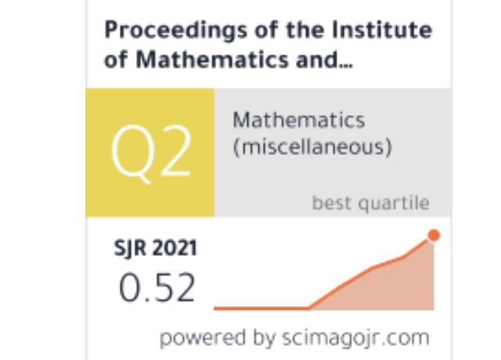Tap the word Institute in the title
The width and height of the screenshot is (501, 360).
[x=382, y=30]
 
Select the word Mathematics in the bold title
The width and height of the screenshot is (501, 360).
[x=212, y=59]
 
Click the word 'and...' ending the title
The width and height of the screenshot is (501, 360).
[x=324, y=59]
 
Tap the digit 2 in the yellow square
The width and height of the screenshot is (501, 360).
[x=176, y=151]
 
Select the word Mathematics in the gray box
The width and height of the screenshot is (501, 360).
[x=299, y=120]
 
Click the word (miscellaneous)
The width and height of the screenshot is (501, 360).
[x=312, y=147]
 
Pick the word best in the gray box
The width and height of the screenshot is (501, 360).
[x=331, y=203]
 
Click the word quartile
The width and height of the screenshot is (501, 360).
[x=394, y=203]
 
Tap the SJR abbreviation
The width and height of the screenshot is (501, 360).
[x=130, y=248]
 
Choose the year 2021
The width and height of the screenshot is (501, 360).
[x=175, y=248]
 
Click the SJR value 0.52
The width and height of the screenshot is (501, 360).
[x=157, y=288]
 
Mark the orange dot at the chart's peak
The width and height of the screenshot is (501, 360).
[x=434, y=236]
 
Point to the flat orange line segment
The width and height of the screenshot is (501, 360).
[x=261, y=308]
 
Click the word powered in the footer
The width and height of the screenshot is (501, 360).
[x=203, y=338]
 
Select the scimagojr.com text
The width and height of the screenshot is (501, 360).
[x=355, y=339]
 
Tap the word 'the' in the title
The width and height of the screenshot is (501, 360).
[x=305, y=30]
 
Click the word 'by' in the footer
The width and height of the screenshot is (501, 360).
[x=264, y=338]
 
